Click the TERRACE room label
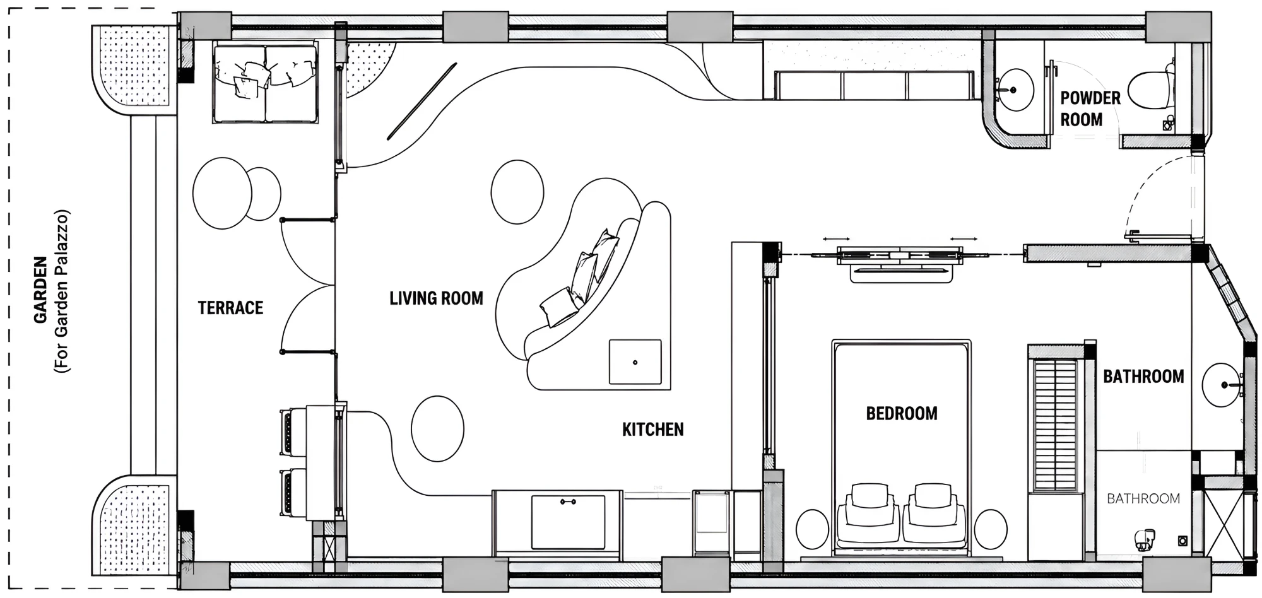(x=230, y=308)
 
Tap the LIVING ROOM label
(x=436, y=298)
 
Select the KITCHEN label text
(x=652, y=430)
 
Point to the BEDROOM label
(x=901, y=414)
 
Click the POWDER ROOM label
(x=1090, y=108)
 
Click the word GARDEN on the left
(x=41, y=290)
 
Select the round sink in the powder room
(x=1014, y=90)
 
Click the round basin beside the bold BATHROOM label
(x=1222, y=385)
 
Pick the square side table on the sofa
(x=635, y=362)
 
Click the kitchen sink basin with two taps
(x=568, y=522)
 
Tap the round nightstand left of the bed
(x=812, y=529)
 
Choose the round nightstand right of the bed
(x=991, y=529)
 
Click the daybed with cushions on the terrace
(x=265, y=83)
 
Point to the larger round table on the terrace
(x=222, y=193)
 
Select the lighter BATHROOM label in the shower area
(x=1143, y=499)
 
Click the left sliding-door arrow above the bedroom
(x=836, y=239)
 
